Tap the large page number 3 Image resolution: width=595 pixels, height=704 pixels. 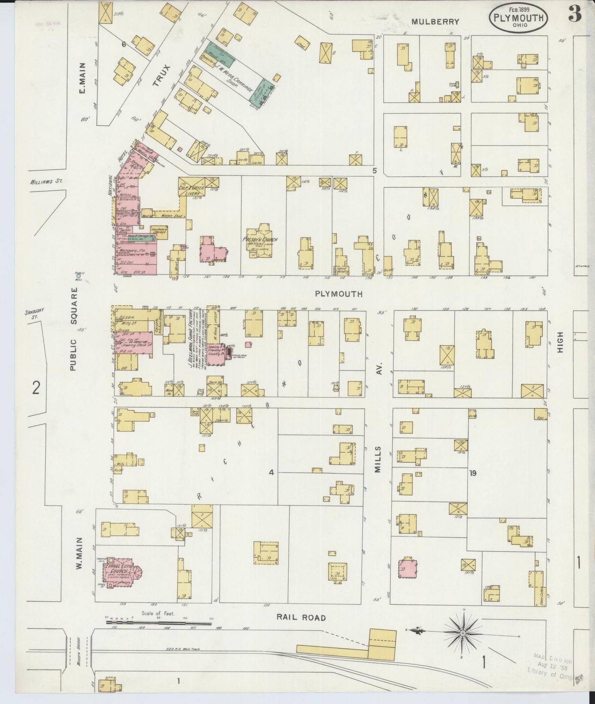[x=575, y=15]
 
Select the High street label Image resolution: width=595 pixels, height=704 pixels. [x=560, y=343]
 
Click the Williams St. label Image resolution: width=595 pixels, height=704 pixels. [x=46, y=181]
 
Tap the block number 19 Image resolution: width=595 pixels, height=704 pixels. [x=472, y=473]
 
